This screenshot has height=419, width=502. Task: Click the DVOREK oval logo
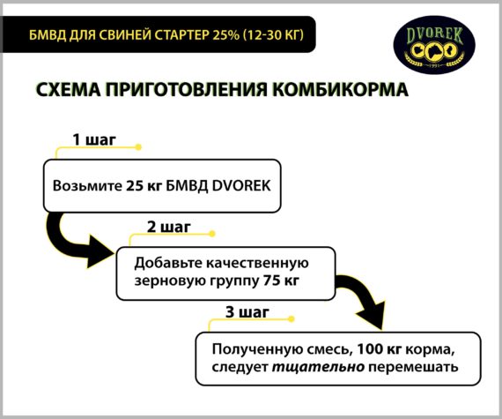click(434, 45)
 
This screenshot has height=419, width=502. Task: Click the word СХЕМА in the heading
click(68, 89)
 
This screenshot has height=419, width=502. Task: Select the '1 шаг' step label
click(94, 139)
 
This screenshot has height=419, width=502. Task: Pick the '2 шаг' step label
click(169, 227)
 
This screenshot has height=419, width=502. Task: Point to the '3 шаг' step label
click(247, 312)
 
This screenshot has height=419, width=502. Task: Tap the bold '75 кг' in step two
click(282, 281)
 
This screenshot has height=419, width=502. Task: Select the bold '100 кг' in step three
click(379, 349)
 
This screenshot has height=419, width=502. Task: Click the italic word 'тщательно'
click(318, 367)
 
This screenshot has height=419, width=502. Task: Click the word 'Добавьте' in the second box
click(167, 264)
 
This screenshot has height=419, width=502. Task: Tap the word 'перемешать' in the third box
click(413, 367)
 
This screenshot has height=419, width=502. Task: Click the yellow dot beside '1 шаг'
click(138, 147)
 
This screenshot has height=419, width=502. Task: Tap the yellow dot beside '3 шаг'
click(291, 319)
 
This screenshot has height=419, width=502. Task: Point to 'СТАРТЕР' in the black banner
click(181, 34)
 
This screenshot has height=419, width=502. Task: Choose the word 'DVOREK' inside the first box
click(241, 186)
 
